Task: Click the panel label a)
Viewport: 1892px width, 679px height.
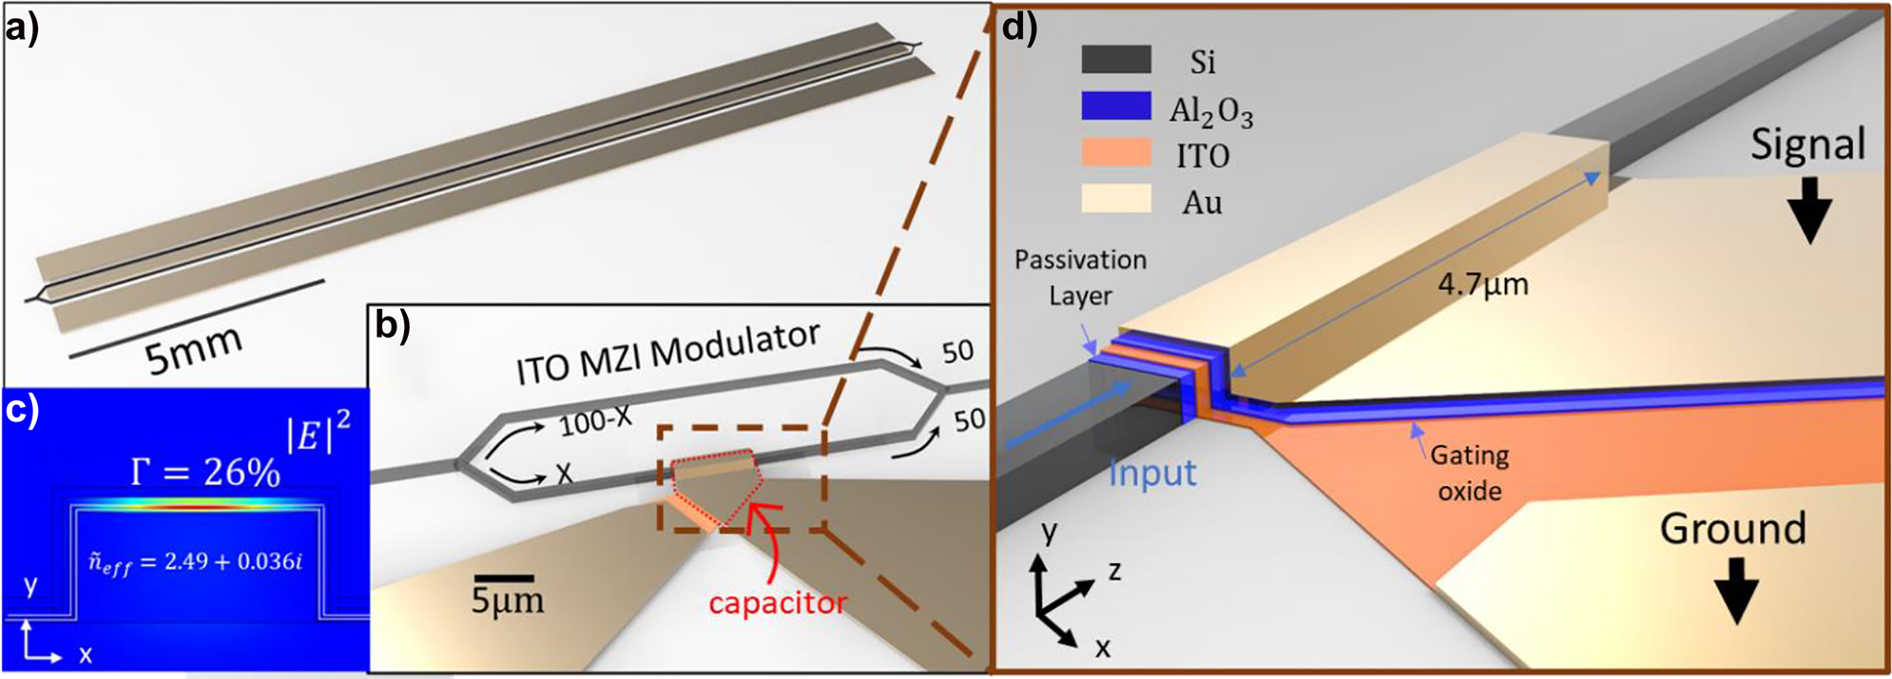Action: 21,29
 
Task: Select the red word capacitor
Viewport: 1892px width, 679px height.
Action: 777,603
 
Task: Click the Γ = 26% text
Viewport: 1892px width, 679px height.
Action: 205,471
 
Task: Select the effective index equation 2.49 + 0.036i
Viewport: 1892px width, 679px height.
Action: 196,562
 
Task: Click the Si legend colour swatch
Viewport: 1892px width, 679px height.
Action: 1116,61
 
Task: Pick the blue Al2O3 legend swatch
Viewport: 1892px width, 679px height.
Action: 1116,107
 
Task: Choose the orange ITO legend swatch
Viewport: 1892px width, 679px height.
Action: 1116,153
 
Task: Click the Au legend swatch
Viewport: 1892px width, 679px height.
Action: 1116,200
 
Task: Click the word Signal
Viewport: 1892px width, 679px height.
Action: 1807,145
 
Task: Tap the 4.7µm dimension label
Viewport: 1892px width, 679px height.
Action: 1482,283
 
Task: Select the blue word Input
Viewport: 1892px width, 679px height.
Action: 1152,473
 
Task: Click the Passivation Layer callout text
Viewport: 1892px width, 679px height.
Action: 1080,277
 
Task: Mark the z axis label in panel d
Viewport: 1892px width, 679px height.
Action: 1114,571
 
